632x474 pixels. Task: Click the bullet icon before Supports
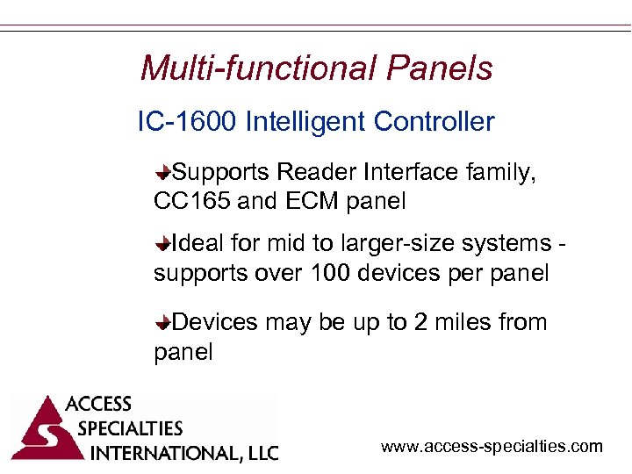pyautogui.click(x=163, y=172)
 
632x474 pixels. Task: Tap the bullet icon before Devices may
pyautogui.click(x=163, y=323)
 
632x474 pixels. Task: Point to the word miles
pyautogui.click(x=464, y=322)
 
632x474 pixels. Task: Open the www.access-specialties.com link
pyautogui.click(x=492, y=447)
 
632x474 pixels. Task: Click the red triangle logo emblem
pyautogui.click(x=39, y=430)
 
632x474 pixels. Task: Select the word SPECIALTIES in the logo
pyautogui.click(x=130, y=428)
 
